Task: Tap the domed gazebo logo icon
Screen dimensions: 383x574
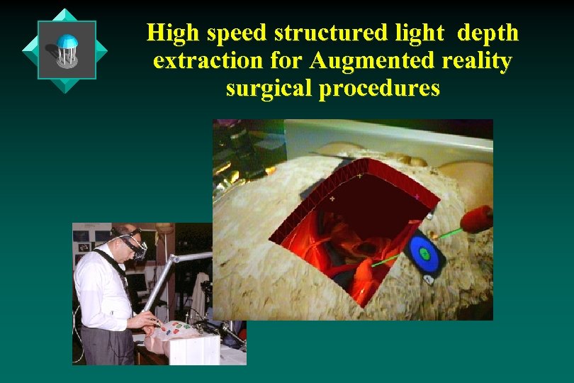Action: pos(67,50)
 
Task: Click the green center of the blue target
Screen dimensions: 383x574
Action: pos(425,252)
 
